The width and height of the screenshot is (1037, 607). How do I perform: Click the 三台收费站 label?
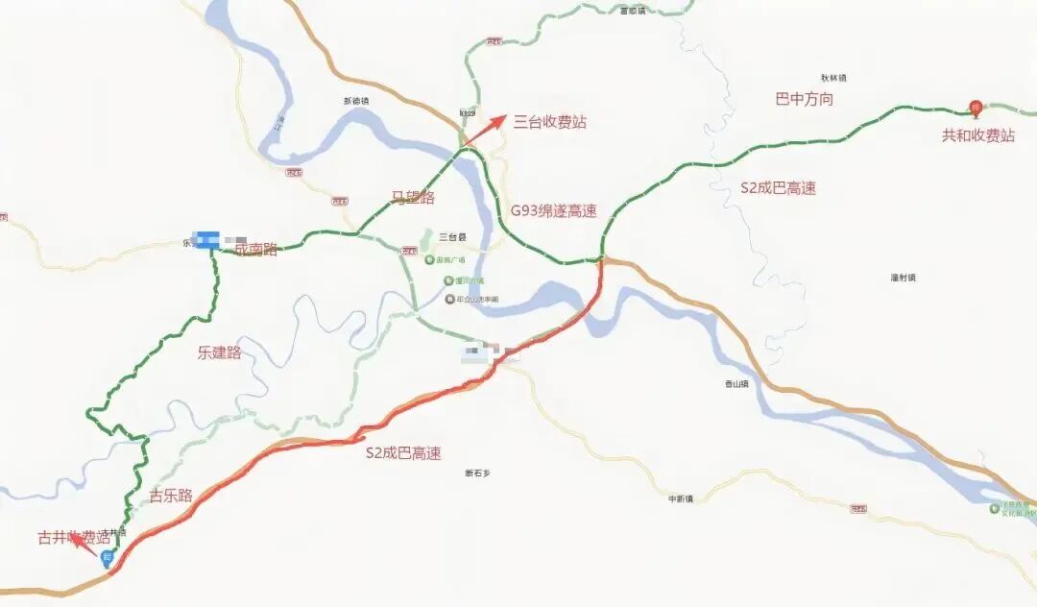click(549, 122)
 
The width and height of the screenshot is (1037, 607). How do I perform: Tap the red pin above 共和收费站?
click(976, 107)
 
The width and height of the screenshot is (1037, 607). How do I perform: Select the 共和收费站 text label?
click(977, 136)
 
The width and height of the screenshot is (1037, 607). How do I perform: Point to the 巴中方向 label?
click(804, 99)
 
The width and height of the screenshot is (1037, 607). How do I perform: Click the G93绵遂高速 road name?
click(553, 211)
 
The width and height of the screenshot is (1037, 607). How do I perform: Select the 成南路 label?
click(255, 250)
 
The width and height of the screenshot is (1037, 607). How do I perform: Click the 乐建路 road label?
click(219, 352)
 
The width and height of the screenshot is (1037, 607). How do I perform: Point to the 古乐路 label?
click(171, 496)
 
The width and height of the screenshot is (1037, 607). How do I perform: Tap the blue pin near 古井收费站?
click(108, 558)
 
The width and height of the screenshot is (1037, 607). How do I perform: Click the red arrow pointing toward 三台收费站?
click(487, 130)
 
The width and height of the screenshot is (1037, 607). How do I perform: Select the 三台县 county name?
click(451, 236)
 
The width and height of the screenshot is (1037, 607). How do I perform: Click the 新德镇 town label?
click(355, 101)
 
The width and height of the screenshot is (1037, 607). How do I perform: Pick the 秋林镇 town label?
click(832, 78)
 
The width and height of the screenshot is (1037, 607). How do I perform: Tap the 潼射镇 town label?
click(903, 278)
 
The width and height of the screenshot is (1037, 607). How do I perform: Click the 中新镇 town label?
click(681, 498)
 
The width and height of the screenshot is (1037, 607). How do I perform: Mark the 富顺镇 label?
click(633, 11)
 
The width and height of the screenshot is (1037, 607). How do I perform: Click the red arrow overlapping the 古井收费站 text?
click(84, 544)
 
